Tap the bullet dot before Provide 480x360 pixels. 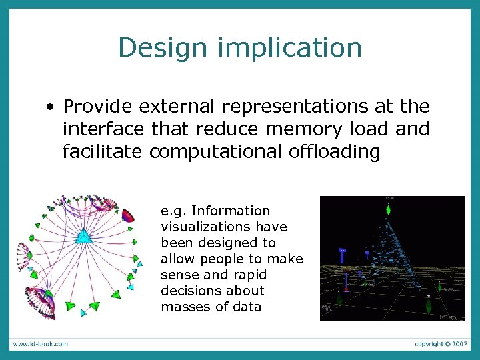tap(50, 107)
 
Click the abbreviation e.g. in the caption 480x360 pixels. tap(173, 211)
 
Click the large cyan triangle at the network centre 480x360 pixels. tap(83, 235)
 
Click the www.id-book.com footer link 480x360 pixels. tap(39, 343)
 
